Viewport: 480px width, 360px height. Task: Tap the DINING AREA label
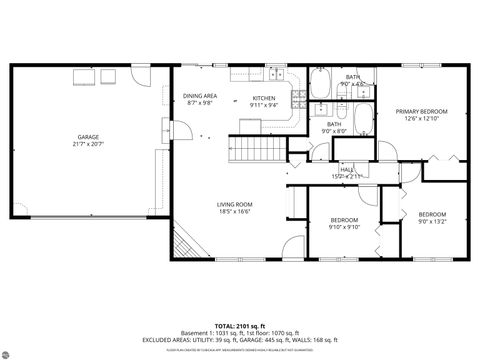pos(200,96)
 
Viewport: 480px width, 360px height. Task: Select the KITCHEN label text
pos(263,98)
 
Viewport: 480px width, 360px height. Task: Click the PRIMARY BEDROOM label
pos(420,111)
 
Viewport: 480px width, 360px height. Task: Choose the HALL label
pos(347,170)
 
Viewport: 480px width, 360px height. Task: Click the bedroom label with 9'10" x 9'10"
pos(344,219)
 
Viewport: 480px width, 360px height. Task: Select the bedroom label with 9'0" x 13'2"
pos(432,214)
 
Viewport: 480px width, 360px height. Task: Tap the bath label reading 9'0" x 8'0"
pos(333,124)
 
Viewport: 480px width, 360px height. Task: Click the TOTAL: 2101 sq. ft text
pos(240,326)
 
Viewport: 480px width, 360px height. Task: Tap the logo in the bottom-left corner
pos(12,350)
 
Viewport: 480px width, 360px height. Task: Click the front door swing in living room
pos(289,246)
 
